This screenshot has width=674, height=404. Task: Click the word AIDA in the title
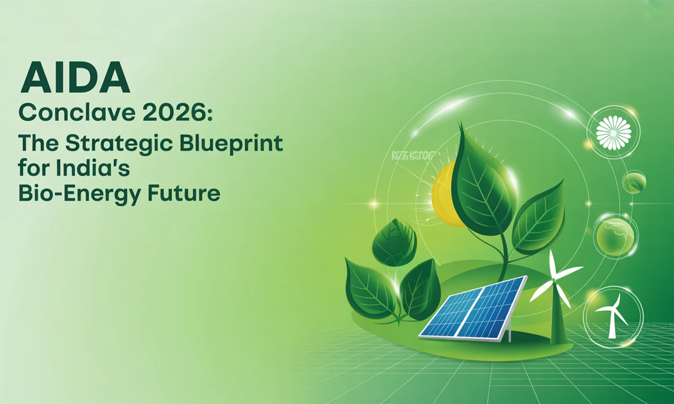(x=75, y=78)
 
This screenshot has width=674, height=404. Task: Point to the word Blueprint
(x=231, y=144)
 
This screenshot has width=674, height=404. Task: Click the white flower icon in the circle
(x=613, y=132)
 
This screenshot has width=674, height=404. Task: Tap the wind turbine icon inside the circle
(x=612, y=316)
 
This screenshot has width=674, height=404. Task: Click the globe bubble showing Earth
(x=615, y=236)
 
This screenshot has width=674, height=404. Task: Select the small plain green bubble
(x=634, y=182)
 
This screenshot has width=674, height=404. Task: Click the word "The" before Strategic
(x=38, y=144)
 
